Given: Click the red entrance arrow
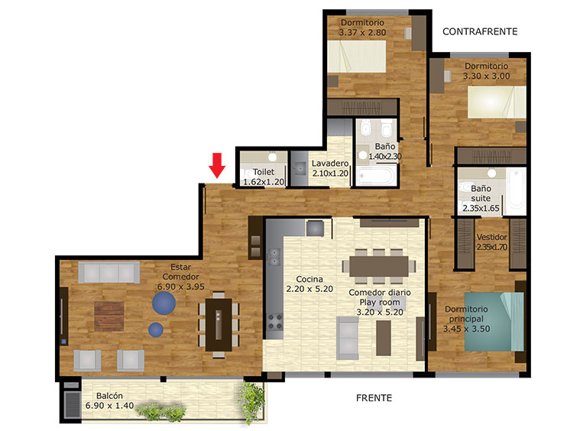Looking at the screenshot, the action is (217, 165).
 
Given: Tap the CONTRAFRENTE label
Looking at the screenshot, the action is (480, 32).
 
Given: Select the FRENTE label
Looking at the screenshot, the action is (374, 398).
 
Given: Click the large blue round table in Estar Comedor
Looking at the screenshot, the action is (164, 303).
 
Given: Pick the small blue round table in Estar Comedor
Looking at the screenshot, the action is (156, 329).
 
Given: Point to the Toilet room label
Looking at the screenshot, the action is (264, 172).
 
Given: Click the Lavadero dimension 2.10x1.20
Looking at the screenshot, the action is (330, 173).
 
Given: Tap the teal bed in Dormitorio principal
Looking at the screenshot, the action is (494, 322).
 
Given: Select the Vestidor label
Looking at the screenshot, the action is (491, 237).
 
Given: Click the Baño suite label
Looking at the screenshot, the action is (481, 193).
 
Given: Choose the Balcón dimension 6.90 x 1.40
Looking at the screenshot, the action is (109, 406).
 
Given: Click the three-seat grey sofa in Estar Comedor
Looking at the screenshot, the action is (109, 273).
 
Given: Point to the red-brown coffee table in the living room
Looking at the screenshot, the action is (109, 316).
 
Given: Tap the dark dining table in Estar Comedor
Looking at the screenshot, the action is (219, 325).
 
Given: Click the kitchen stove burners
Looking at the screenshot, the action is (274, 322).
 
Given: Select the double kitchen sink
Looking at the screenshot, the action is (274, 257).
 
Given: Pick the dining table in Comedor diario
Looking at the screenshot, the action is (379, 267).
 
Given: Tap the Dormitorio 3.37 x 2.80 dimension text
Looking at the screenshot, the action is (362, 33).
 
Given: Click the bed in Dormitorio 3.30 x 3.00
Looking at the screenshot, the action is (497, 102).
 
